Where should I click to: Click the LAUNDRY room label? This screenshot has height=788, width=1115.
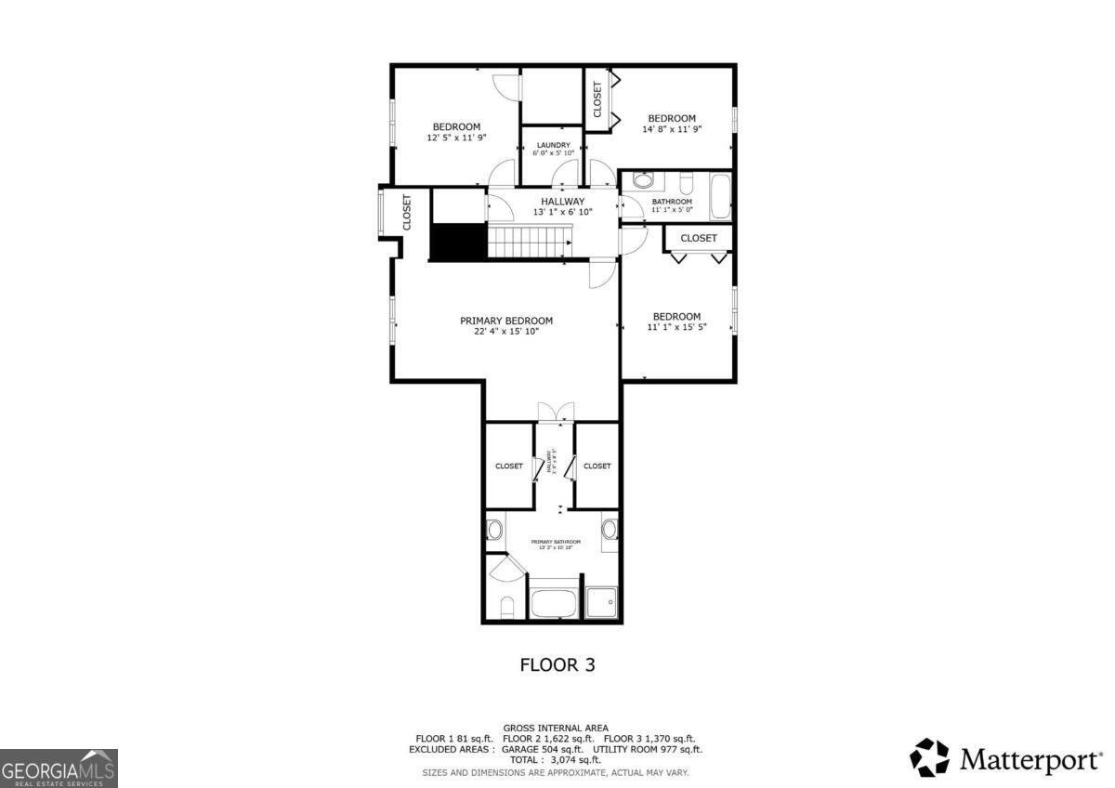click(x=552, y=145)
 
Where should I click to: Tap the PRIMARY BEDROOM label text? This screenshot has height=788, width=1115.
click(x=506, y=321)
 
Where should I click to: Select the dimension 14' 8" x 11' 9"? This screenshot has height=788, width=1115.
click(x=671, y=130)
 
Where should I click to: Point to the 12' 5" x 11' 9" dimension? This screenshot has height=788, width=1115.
click(x=456, y=138)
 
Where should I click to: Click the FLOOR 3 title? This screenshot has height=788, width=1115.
click(x=557, y=665)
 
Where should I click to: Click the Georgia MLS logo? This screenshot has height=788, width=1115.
click(x=59, y=768)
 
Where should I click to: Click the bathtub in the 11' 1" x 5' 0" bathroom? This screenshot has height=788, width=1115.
click(x=720, y=197)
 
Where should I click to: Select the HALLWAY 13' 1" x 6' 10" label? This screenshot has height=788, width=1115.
click(x=562, y=206)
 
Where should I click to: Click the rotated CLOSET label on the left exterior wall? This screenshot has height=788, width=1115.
click(x=407, y=212)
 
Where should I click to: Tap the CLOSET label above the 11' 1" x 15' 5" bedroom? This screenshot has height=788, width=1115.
click(x=699, y=238)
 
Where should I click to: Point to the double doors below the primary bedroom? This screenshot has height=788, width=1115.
click(x=556, y=414)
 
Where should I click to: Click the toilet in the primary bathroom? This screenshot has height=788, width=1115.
click(x=506, y=609)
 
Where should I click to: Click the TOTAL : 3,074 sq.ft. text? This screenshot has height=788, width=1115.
click(x=557, y=759)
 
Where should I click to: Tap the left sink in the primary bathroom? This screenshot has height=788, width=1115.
click(x=495, y=531)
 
